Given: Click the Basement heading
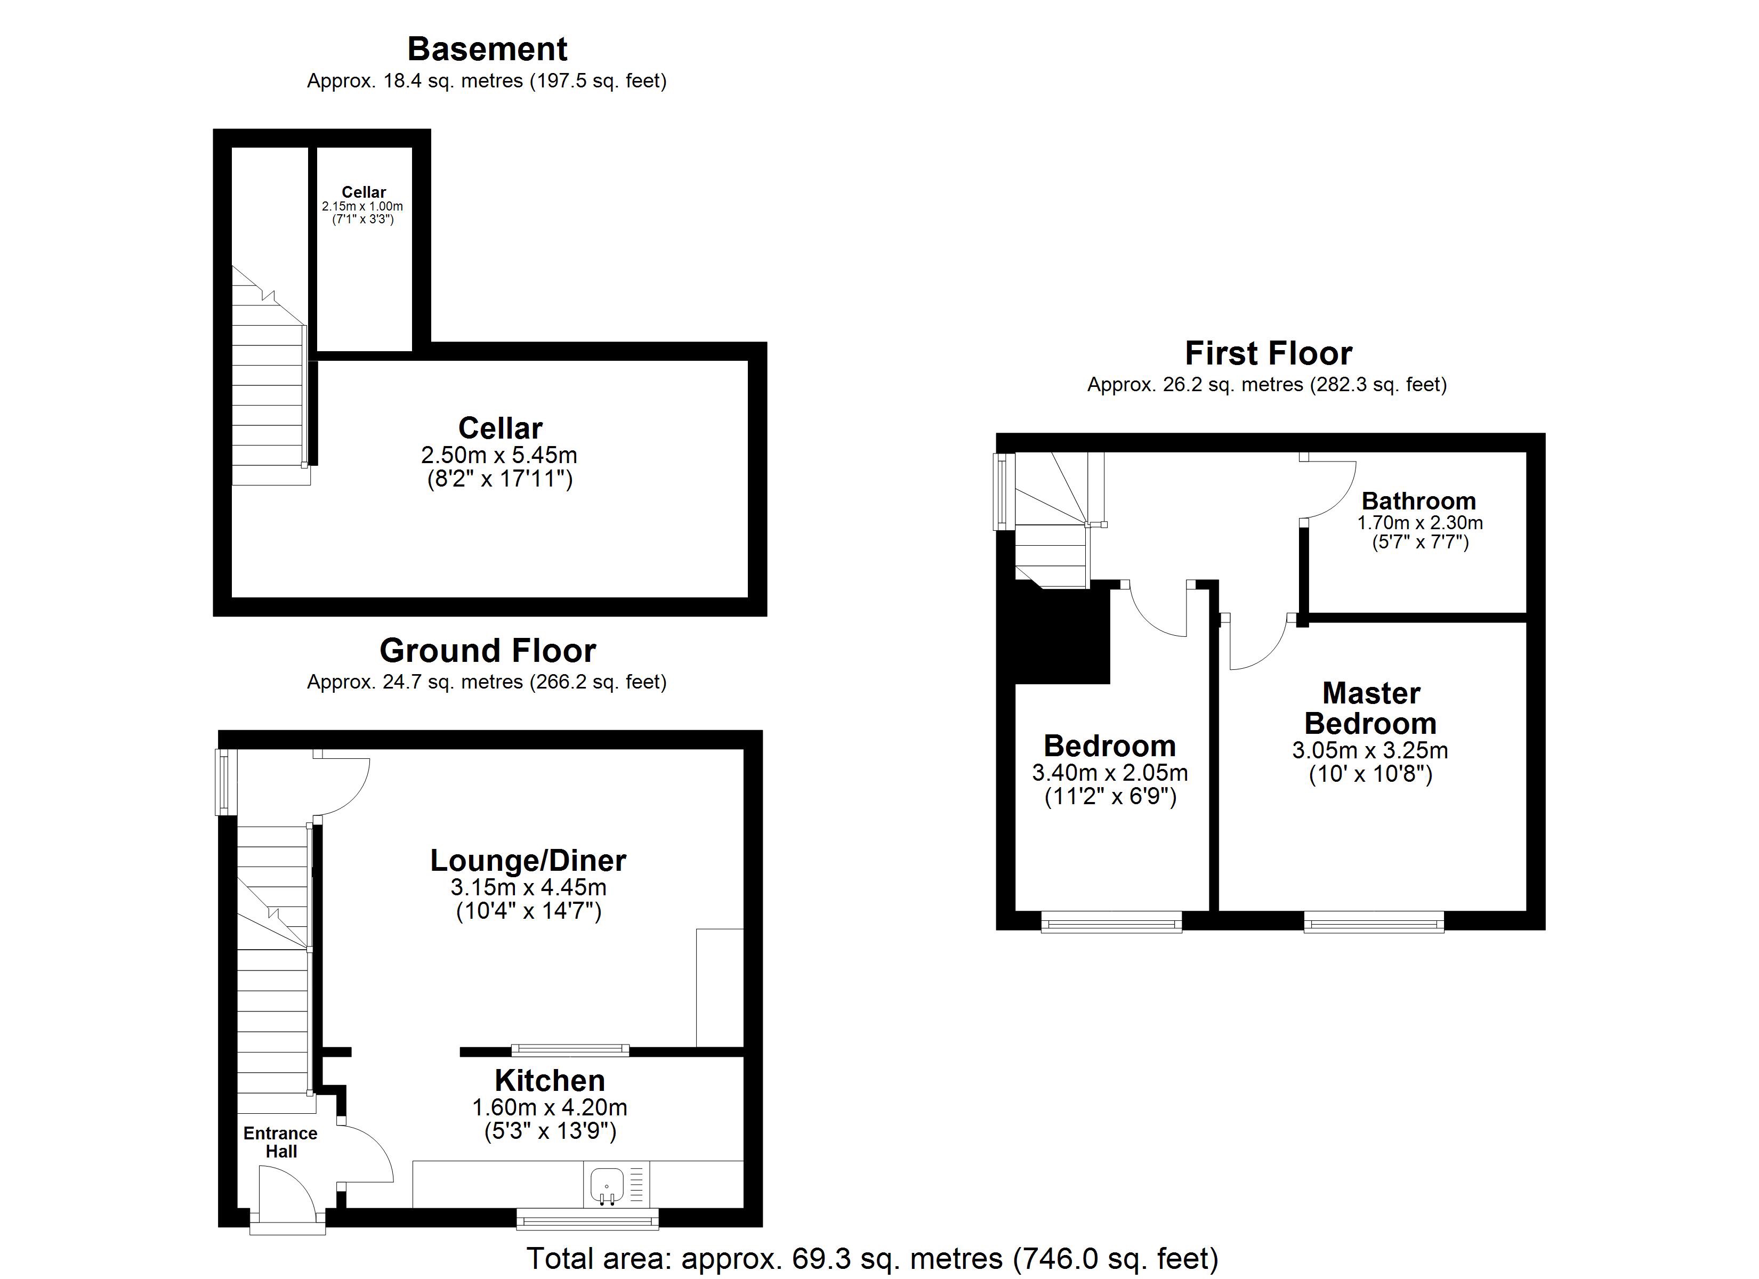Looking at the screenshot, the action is [487, 49].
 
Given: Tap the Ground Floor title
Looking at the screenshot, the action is [488, 651].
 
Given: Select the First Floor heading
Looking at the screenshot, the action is [1269, 354].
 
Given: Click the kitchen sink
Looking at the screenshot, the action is [607, 1185].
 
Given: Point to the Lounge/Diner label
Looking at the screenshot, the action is [528, 860].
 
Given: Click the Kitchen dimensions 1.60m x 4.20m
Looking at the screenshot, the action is [550, 1107].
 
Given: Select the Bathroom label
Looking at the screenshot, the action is [1418, 501].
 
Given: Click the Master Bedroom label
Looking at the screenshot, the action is [1370, 708].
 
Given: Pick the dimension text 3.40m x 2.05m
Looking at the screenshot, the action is [1110, 773].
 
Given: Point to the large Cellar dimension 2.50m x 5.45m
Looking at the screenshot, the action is [499, 455].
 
